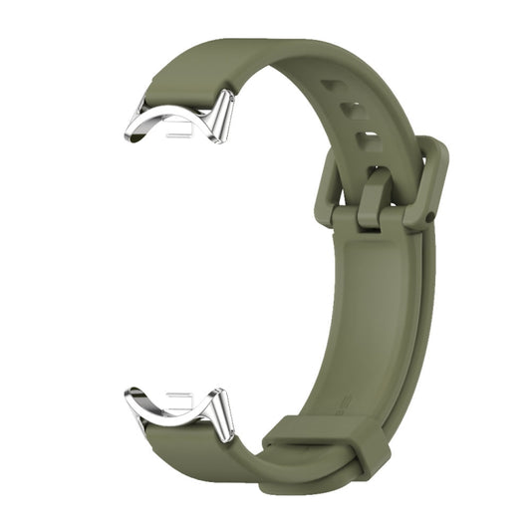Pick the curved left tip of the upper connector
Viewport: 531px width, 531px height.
tap(133, 130)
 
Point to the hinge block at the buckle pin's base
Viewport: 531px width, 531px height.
tap(373, 213)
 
